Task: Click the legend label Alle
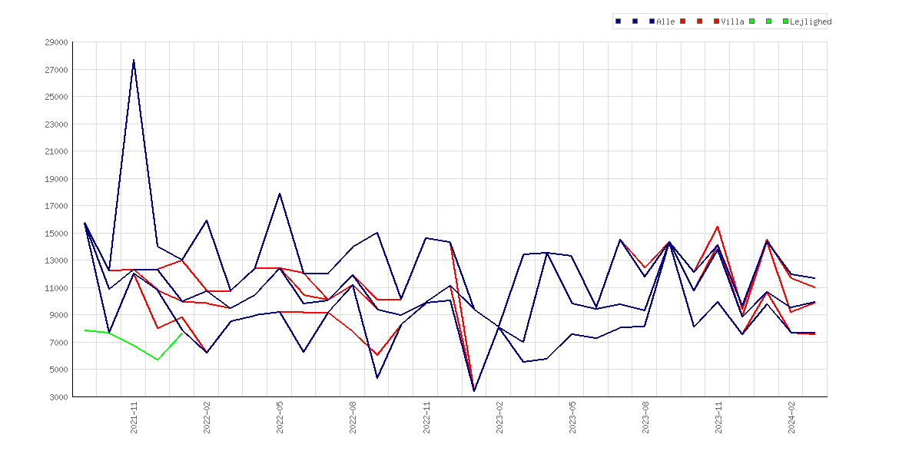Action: pyautogui.click(x=665, y=22)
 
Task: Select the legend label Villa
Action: pyautogui.click(x=733, y=22)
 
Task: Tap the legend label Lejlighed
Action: pyautogui.click(x=811, y=22)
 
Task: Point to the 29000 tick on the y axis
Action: pyautogui.click(x=56, y=42)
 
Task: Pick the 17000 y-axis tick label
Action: pyautogui.click(x=56, y=206)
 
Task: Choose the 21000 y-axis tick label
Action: pyautogui.click(x=56, y=151)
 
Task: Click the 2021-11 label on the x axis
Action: pyautogui.click(x=134, y=417)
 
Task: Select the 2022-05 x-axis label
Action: pyautogui.click(x=280, y=417)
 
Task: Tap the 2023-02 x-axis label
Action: pyautogui.click(x=499, y=417)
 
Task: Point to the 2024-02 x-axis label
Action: pyautogui.click(x=791, y=417)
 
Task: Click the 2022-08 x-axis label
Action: pyautogui.click(x=353, y=417)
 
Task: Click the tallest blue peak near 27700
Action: pyautogui.click(x=134, y=60)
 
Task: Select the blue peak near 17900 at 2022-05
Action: pyautogui.click(x=280, y=193)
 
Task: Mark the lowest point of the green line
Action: pyautogui.click(x=158, y=360)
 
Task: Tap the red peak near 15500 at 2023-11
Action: pyautogui.click(x=718, y=227)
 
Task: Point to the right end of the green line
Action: pyautogui.click(x=182, y=333)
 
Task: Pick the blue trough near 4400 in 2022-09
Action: pyautogui.click(x=377, y=378)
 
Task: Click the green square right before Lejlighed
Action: pyautogui.click(x=785, y=22)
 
